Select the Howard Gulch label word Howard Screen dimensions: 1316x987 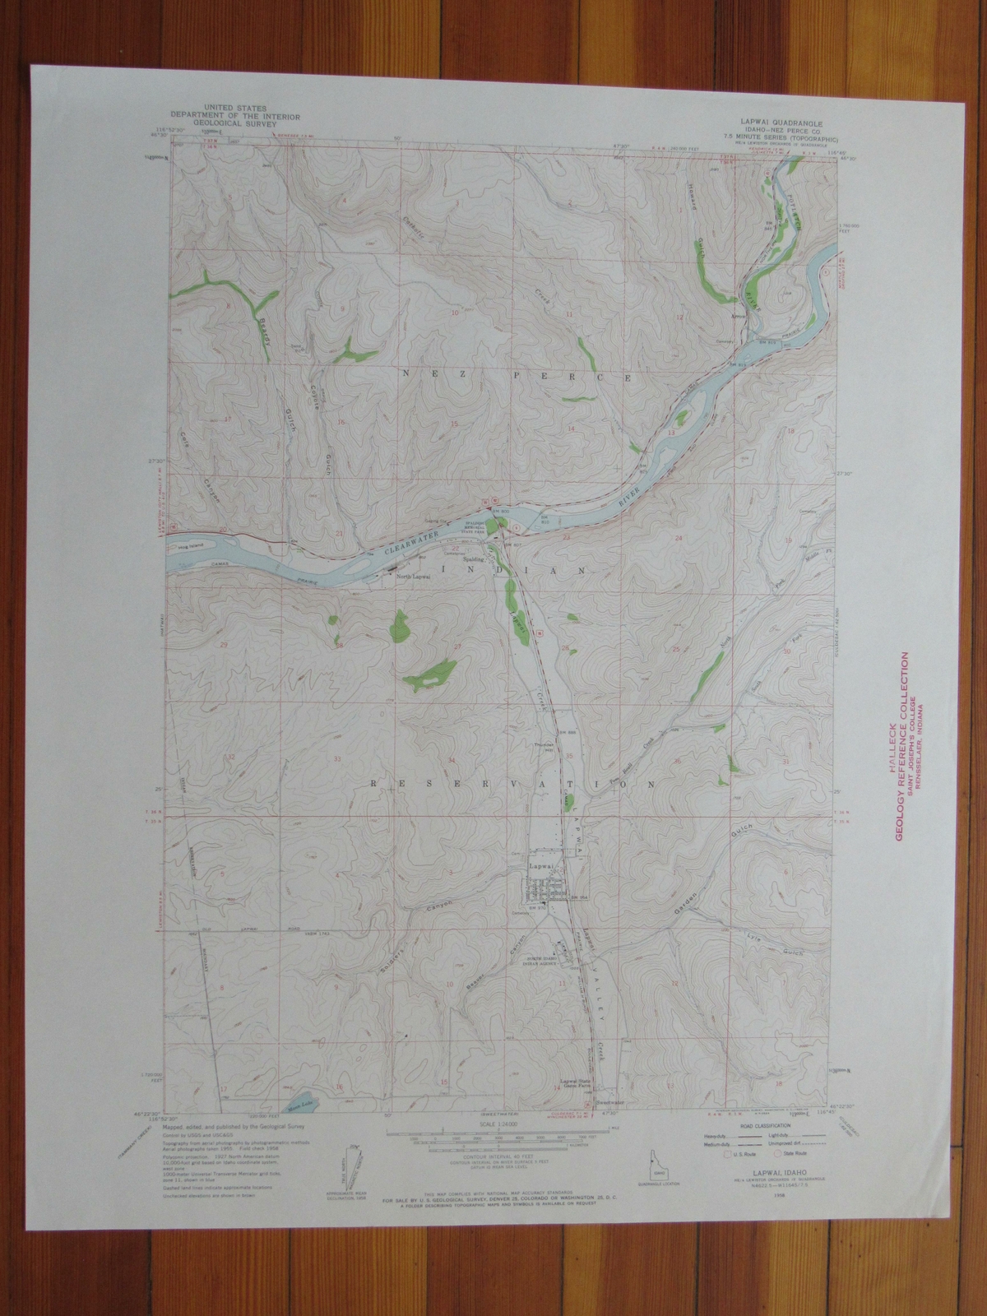[x=693, y=220]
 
